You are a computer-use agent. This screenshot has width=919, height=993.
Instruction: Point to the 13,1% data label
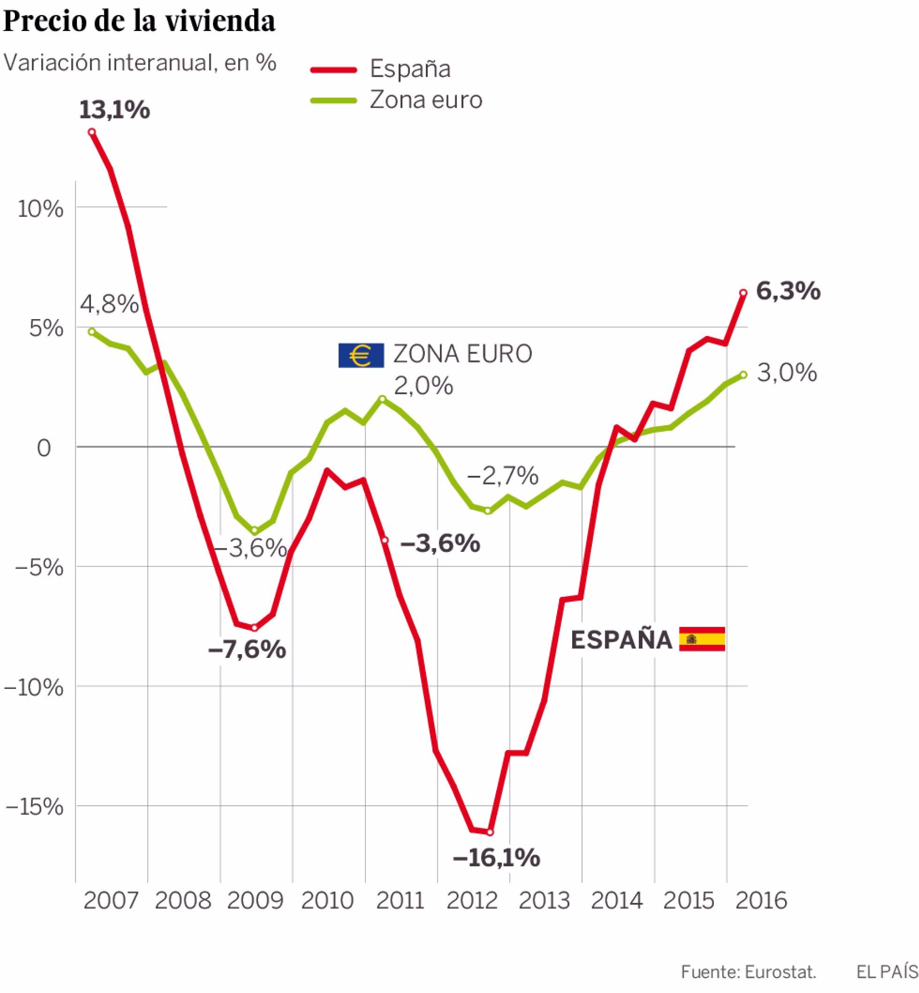pos(114,110)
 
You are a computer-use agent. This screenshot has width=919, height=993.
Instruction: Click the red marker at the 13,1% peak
pos(92,132)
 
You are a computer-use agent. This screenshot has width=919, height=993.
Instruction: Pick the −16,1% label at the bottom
pos(496,857)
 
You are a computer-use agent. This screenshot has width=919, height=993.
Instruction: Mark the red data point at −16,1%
pos(490,832)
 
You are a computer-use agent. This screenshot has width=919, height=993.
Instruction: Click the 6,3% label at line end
pos(788,291)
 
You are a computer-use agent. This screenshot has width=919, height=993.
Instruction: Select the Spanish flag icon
pos(701,639)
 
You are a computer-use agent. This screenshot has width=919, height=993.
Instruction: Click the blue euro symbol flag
pos(361,355)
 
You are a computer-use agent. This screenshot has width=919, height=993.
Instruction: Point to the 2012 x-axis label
pos(472,900)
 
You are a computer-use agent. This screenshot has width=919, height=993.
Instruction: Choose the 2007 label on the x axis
pos(111,900)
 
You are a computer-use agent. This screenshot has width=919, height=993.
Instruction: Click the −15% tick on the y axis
pos(34,806)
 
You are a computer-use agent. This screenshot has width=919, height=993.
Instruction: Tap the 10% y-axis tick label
pos(40,208)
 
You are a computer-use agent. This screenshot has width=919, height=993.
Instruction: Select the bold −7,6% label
pos(247,649)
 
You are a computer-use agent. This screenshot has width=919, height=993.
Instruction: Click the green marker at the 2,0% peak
pos(382,399)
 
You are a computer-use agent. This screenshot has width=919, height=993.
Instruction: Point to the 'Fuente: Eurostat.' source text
pos(748,972)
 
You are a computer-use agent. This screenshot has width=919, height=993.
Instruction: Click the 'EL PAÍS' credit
pos(887,972)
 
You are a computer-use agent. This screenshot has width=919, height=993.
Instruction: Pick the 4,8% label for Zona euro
pos(109,304)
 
